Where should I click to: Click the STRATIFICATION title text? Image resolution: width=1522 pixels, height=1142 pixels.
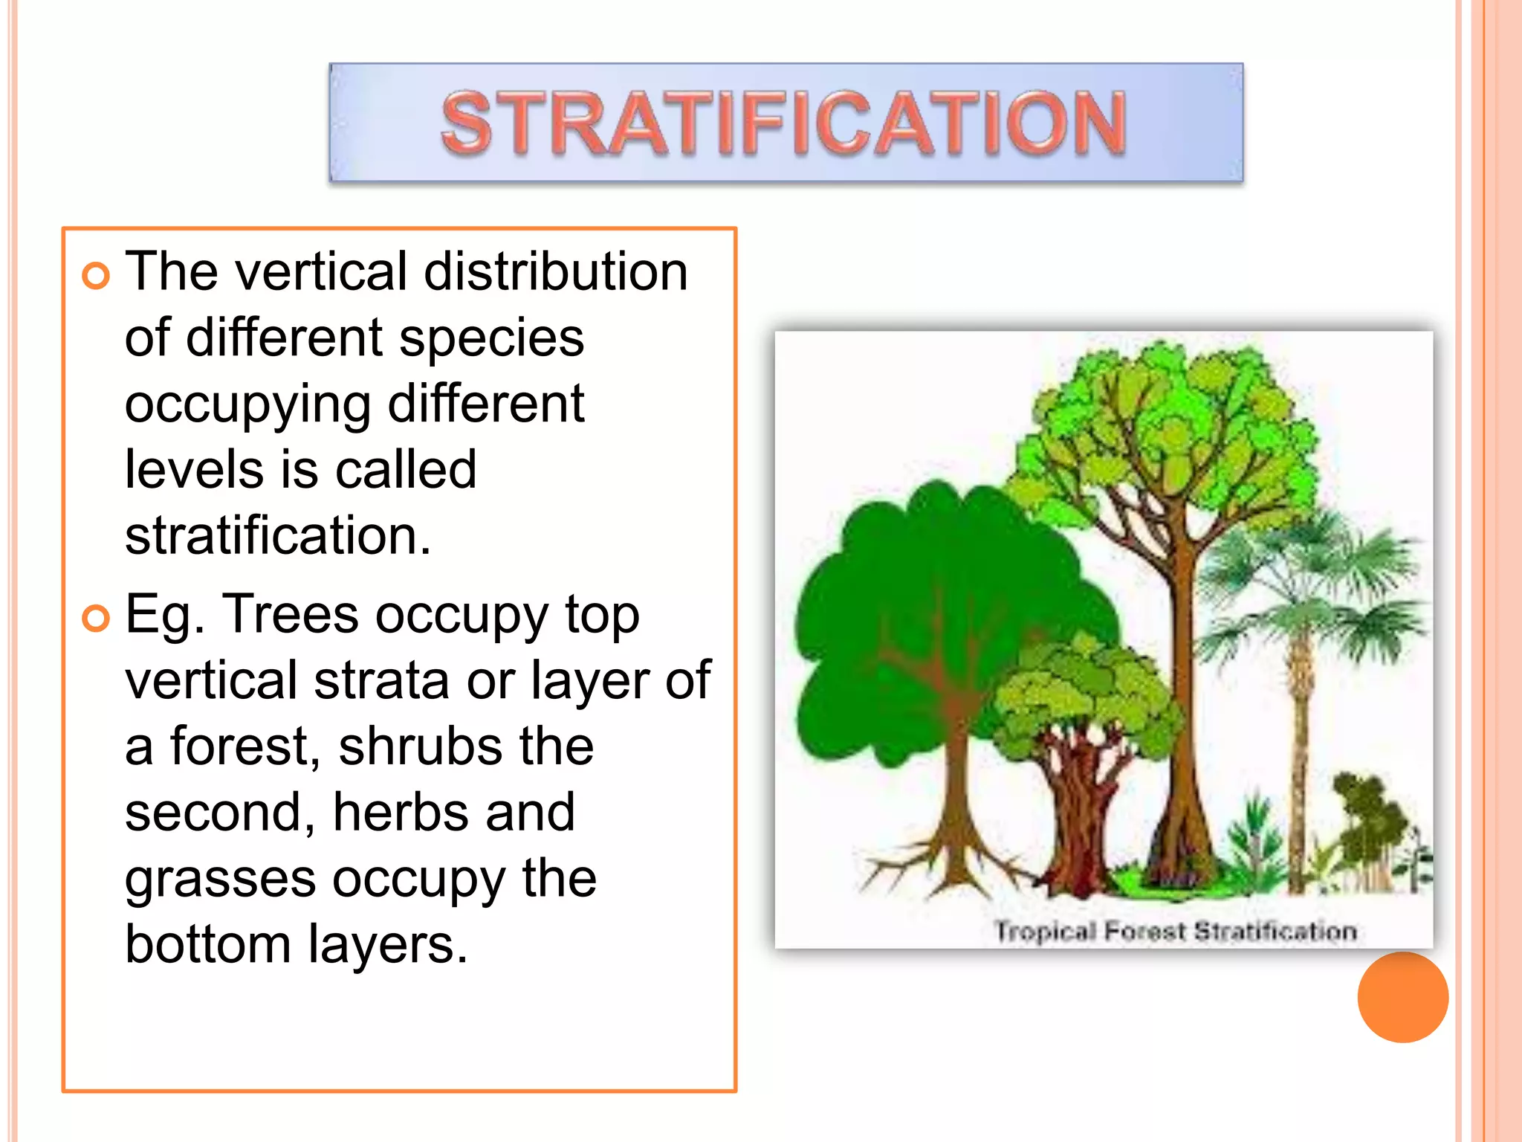coord(784,123)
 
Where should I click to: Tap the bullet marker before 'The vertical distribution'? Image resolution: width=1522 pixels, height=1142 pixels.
coord(96,276)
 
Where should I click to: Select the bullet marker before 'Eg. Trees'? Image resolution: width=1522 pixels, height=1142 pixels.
coord(96,618)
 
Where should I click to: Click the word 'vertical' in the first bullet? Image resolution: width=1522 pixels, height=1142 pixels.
coord(321,271)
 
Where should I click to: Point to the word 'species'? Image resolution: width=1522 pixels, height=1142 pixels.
coord(491,339)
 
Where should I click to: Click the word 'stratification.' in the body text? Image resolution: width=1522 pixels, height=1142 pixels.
coord(278,535)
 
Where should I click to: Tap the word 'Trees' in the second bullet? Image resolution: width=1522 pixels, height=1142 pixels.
coord(291,616)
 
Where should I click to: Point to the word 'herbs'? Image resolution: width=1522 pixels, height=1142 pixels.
coord(401,812)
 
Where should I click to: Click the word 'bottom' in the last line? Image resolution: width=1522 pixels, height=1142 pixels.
coord(208,944)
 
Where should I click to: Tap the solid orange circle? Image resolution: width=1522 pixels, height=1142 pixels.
coord(1402,997)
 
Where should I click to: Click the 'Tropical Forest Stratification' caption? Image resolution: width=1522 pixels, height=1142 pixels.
coord(1175,931)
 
